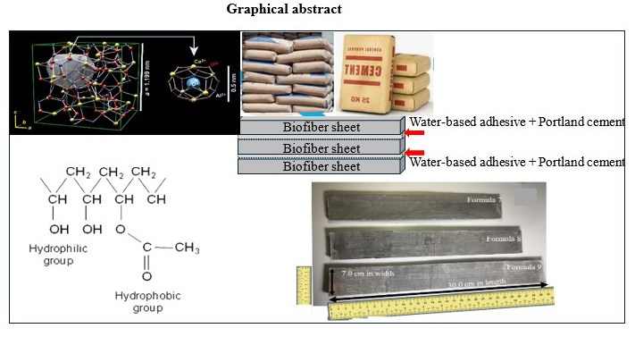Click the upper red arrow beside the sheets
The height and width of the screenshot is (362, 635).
(413, 134)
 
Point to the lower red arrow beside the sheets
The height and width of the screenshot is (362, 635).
(413, 154)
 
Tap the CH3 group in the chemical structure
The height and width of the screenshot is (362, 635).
(187, 248)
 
